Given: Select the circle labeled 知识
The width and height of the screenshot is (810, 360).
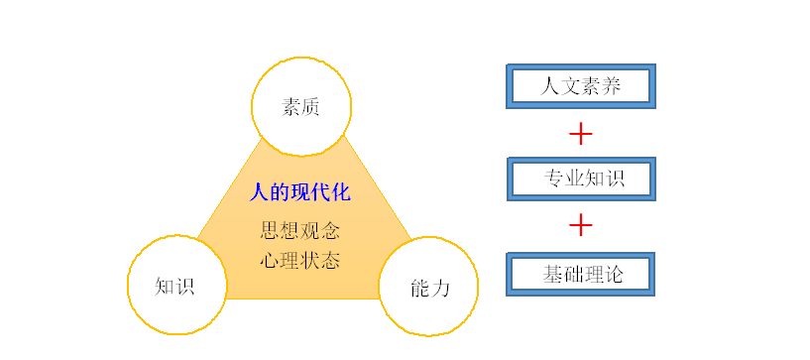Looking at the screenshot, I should tap(175, 286).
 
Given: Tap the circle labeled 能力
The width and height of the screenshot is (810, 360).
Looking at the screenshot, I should tap(428, 287).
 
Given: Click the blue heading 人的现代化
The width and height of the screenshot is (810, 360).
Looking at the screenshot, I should tap(300, 191).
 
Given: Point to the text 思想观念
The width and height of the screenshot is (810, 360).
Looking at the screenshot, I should tap(300, 231).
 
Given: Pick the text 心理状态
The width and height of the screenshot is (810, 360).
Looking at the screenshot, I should tap(300, 260).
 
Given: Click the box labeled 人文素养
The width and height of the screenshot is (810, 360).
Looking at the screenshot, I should tap(581, 86).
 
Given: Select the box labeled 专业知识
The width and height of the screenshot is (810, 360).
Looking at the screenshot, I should tap(581, 179).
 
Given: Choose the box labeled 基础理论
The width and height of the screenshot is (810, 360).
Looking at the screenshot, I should tap(581, 273).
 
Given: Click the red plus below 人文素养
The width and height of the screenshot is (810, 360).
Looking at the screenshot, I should tap(581, 132).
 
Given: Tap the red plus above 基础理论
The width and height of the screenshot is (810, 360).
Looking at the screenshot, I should tap(581, 226).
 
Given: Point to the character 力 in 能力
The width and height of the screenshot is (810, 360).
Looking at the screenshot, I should tap(439, 288).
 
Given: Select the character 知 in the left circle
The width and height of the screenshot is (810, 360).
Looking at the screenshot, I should tap(165, 286).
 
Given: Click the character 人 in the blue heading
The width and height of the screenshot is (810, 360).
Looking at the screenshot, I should tap(259, 191).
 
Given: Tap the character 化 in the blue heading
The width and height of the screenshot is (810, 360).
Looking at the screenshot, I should tap(341, 191).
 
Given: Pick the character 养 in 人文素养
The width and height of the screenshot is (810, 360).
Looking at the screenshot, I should tap(611, 86).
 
